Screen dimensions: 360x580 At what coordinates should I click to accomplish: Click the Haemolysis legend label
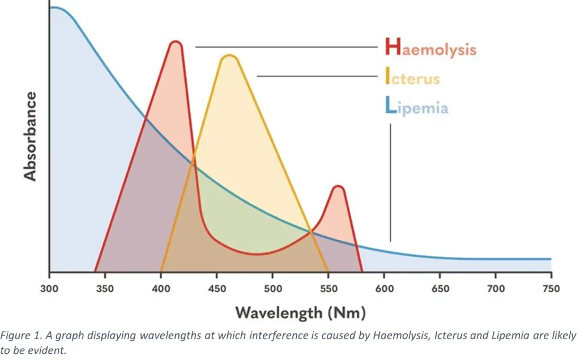pos(430,48)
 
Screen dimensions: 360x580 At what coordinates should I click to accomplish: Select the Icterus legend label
pos(412,76)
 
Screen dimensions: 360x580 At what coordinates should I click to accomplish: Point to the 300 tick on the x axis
pos(50,289)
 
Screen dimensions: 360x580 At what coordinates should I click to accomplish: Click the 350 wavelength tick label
pos(105,289)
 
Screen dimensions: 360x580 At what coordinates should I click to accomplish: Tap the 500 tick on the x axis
pos(272,289)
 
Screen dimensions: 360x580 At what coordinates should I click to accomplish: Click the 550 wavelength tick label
pos(328,289)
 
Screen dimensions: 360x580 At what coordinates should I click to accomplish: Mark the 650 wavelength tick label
pos(440,289)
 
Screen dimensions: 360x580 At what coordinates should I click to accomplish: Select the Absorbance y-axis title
pos(29,137)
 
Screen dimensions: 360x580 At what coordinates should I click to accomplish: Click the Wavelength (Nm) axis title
pos(300,312)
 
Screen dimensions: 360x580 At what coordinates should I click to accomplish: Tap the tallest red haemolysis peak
pos(176,43)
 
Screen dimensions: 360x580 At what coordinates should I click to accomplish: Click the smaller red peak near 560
pos(338,187)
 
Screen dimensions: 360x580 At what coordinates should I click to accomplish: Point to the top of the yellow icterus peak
pos(229,56)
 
